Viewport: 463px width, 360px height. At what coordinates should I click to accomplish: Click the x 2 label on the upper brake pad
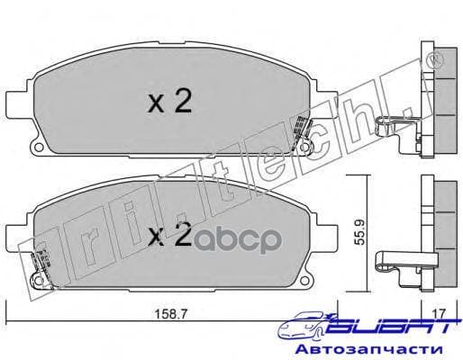pyautogui.click(x=170, y=103)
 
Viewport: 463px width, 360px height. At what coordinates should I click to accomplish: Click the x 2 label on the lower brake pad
pyautogui.click(x=170, y=236)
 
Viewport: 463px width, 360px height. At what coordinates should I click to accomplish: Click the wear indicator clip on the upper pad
pyautogui.click(x=310, y=143)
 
